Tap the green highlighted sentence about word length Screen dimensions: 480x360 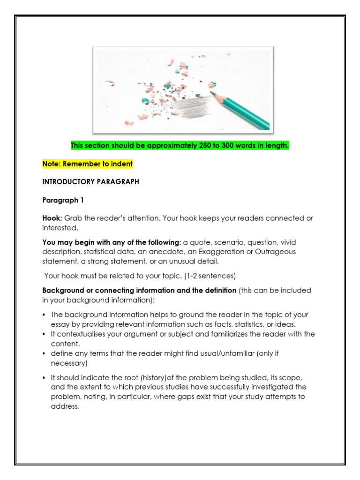click(x=180, y=146)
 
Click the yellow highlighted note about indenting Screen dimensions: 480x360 click(x=88, y=164)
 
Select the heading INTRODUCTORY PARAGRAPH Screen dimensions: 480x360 click(x=91, y=182)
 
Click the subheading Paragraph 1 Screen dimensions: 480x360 click(x=63, y=200)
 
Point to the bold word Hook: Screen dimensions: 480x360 click(x=52, y=218)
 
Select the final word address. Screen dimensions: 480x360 click(x=65, y=406)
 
